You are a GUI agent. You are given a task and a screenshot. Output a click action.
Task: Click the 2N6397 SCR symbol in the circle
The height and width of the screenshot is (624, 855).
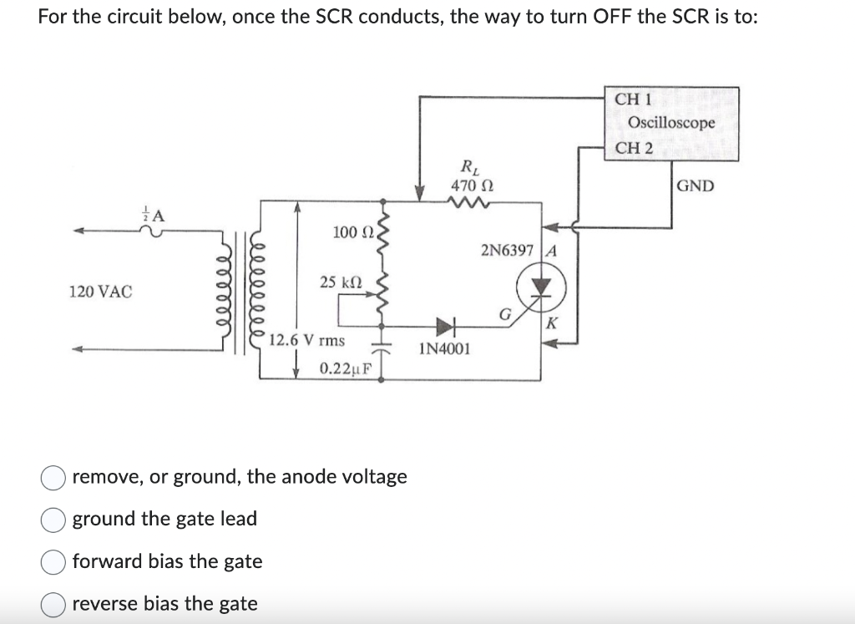[x=542, y=289]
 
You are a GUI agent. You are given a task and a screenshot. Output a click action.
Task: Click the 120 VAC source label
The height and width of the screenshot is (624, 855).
[x=100, y=292]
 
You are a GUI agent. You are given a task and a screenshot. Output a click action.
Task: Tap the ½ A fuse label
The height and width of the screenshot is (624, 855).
[x=153, y=214]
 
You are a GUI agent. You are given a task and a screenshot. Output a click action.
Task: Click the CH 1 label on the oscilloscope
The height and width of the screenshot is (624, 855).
[x=633, y=99]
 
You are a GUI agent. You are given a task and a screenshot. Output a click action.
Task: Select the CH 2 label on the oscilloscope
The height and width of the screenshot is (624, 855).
[x=633, y=149]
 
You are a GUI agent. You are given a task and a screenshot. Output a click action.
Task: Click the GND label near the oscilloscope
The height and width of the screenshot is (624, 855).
[x=695, y=185]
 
